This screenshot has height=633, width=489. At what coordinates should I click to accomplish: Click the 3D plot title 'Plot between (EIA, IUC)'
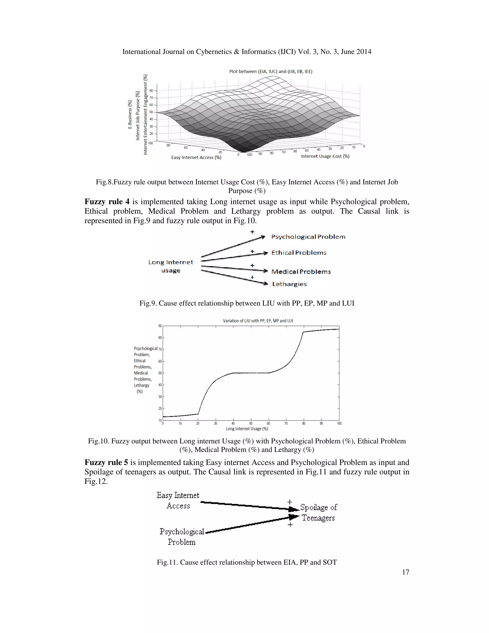(271, 71)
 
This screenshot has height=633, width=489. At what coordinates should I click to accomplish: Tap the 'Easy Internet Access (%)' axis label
(196, 157)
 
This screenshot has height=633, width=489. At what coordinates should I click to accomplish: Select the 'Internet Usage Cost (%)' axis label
(325, 156)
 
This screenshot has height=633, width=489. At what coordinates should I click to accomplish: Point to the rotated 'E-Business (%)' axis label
(130, 114)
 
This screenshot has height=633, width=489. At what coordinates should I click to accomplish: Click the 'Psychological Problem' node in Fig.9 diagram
(308, 237)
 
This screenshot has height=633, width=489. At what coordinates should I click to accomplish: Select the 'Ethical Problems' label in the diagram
(299, 253)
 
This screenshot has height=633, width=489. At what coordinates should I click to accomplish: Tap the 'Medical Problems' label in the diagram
(301, 272)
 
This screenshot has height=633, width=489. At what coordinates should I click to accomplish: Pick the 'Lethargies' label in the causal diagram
(289, 284)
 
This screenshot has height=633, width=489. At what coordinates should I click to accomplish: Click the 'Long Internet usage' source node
(171, 266)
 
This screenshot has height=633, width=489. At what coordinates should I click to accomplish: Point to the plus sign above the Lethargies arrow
(252, 277)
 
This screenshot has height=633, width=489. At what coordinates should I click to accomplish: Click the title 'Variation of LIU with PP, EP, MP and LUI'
(258, 321)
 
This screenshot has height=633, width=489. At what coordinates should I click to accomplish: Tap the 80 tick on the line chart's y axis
(160, 338)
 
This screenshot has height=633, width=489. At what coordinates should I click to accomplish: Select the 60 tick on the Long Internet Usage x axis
(268, 424)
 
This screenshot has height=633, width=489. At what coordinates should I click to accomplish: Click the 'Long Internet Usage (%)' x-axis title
(247, 429)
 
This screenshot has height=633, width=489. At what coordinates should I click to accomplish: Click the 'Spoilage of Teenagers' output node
(318, 512)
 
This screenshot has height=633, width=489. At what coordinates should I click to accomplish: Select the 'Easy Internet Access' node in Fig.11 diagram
(178, 500)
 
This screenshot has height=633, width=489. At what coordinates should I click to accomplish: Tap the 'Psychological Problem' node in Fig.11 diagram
(182, 536)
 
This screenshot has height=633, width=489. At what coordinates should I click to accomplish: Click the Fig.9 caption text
(247, 303)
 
